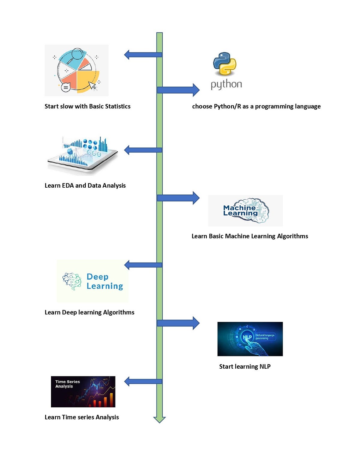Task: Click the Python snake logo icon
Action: tap(225, 64)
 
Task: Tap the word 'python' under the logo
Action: tap(226, 85)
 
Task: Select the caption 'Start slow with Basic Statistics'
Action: tap(87, 106)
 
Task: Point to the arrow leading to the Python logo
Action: tap(178, 90)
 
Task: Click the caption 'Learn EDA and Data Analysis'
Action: tap(85, 186)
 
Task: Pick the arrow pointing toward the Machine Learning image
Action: tap(178, 198)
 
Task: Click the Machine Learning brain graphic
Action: tap(246, 210)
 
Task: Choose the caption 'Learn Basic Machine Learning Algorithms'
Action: tap(250, 236)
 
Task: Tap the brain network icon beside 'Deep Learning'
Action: tap(72, 281)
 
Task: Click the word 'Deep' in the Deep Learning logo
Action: tap(97, 277)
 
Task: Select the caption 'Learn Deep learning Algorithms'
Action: tap(89, 312)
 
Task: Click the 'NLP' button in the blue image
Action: tap(247, 337)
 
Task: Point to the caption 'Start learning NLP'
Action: tap(245, 367)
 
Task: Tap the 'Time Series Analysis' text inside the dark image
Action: tap(67, 384)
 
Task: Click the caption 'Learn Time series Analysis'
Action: tap(82, 417)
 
